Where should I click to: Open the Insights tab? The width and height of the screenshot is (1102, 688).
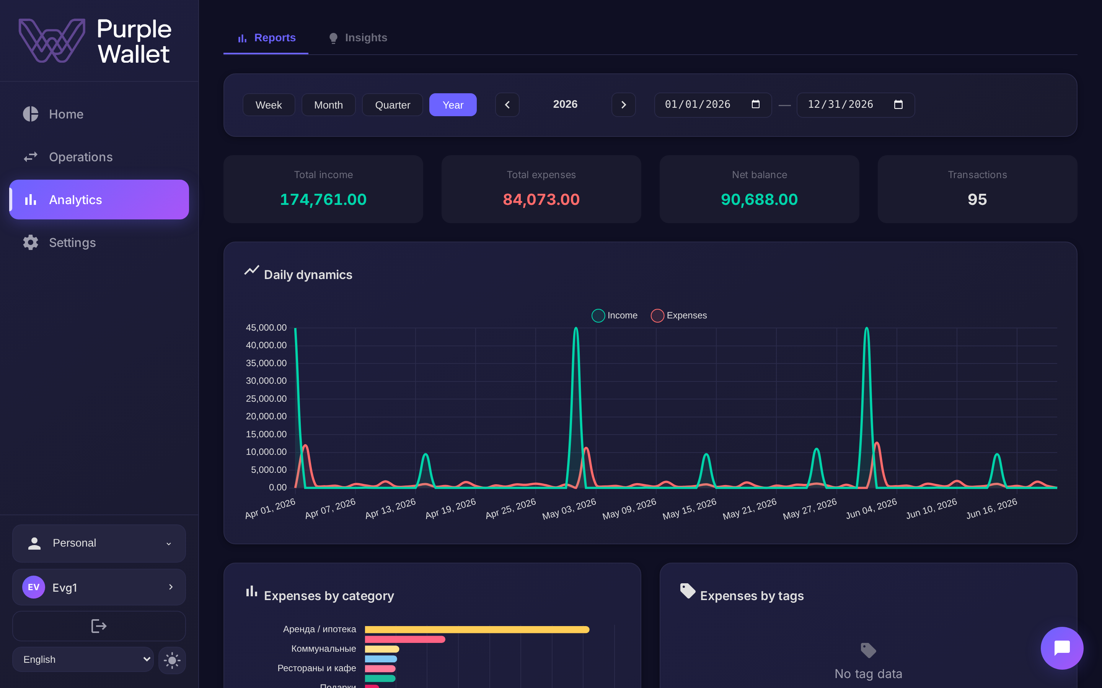[x=357, y=38]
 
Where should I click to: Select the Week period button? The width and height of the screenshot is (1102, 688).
[x=269, y=105]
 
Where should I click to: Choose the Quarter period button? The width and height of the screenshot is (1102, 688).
[x=393, y=105]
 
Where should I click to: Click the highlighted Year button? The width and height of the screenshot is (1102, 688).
[x=453, y=105]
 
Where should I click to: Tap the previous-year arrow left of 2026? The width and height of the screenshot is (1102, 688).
[x=507, y=105]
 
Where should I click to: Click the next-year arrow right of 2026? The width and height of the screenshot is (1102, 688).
[x=623, y=105]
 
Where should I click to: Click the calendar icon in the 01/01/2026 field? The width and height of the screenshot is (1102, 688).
[x=755, y=104]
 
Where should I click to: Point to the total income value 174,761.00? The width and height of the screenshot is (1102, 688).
[x=323, y=199]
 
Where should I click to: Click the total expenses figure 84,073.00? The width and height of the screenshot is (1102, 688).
[x=541, y=199]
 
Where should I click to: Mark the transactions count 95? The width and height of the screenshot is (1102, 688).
[x=977, y=199]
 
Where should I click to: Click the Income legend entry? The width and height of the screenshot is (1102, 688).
[x=615, y=315]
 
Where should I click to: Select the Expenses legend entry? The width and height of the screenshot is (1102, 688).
[x=679, y=315]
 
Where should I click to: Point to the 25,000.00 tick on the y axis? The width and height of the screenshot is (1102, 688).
[x=266, y=399]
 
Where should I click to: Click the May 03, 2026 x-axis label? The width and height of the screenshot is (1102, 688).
[x=569, y=509]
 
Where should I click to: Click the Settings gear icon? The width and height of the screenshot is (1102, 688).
[x=31, y=243]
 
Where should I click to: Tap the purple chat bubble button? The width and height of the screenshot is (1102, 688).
[x=1061, y=648]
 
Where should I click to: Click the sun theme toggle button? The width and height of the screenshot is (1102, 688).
[x=172, y=660]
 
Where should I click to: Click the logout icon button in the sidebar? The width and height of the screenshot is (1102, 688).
[x=99, y=626]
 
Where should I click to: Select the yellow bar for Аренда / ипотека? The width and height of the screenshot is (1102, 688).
[x=477, y=629]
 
